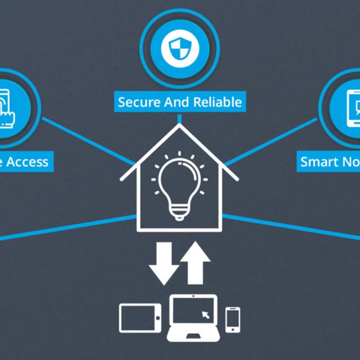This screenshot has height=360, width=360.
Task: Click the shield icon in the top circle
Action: pyautogui.click(x=179, y=48)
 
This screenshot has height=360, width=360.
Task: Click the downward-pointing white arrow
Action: pyautogui.click(x=164, y=263)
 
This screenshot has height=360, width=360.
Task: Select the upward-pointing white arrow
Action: pyautogui.click(x=195, y=263)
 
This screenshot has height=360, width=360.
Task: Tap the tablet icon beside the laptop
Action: pyautogui.click(x=140, y=317)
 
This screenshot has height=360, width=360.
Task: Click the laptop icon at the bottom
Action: pyautogui.click(x=193, y=318)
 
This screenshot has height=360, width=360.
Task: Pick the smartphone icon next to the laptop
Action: pyautogui.click(x=232, y=319)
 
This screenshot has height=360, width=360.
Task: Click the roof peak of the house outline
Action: pyautogui.click(x=179, y=127)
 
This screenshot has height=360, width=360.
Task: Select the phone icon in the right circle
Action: pyautogui.click(x=354, y=109)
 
